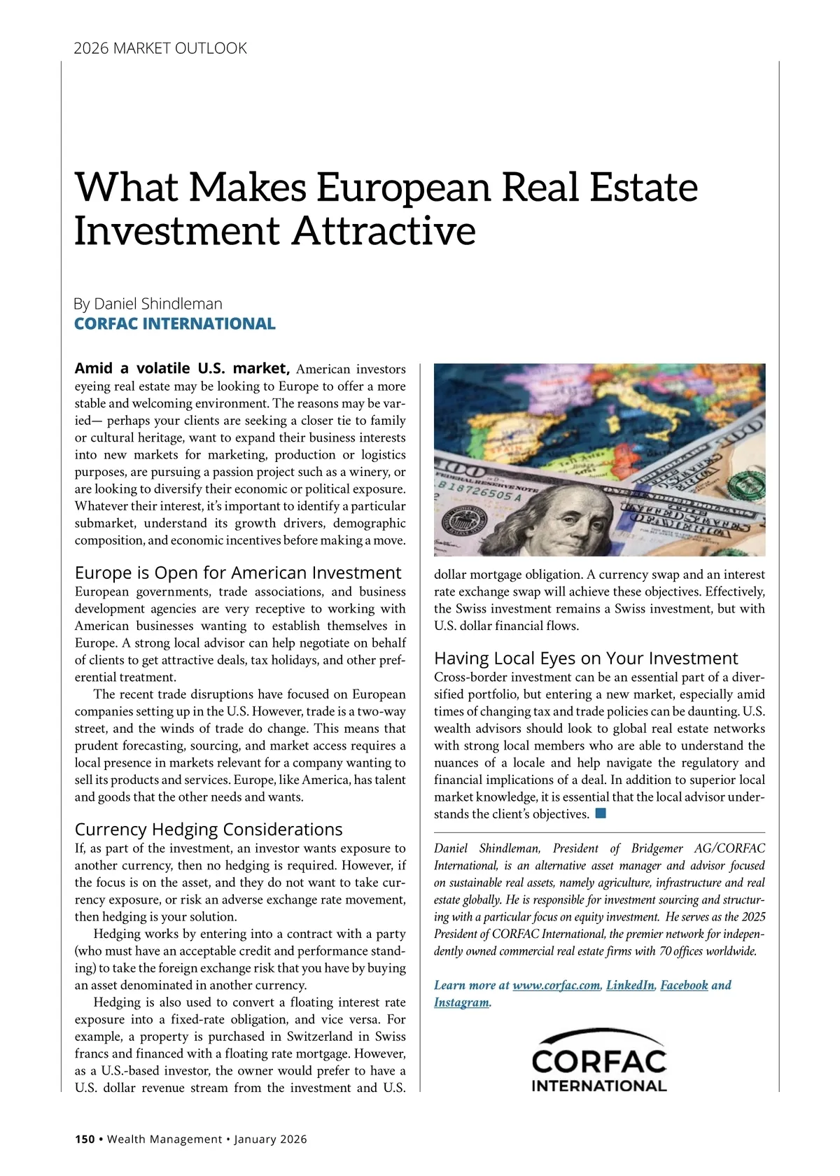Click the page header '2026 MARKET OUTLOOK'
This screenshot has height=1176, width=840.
coord(160,48)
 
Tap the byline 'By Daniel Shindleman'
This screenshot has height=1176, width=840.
coord(148,304)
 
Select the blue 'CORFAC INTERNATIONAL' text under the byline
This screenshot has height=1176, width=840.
coord(175,323)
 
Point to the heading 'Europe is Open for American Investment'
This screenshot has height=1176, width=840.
coord(238,573)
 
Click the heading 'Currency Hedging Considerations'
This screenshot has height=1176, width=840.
coord(209,829)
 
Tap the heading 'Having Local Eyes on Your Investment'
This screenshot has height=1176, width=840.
coord(586,659)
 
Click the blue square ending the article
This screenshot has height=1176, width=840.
coord(600,813)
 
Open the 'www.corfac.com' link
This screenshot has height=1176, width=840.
coord(556,986)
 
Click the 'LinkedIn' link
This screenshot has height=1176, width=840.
coord(630,986)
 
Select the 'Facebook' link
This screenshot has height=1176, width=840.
coord(684,986)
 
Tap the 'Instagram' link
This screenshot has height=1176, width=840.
coord(461,1002)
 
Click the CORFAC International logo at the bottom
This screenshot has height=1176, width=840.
coord(599,1061)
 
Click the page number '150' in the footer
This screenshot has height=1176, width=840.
coord(85,1139)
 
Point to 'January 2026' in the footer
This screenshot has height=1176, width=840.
coord(270,1139)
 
